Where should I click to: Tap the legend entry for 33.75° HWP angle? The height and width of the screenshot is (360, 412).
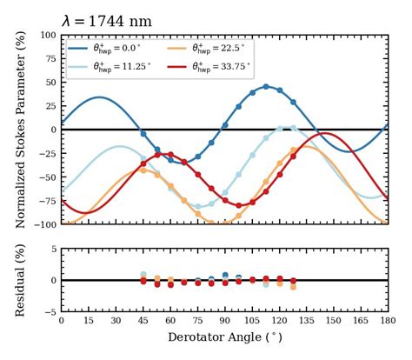220,65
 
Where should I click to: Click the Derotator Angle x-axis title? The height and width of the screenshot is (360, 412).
224,337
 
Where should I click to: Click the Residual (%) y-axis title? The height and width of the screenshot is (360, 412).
19,280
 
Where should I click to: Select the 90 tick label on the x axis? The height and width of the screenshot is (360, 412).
224,321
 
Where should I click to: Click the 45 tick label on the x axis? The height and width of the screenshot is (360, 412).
143,321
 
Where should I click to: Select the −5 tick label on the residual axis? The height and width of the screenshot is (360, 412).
50,311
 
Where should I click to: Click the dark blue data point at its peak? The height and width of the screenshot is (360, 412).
266,86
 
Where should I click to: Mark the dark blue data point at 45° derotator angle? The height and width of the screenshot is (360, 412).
143,134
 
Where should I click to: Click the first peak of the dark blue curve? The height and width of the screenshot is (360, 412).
99,97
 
